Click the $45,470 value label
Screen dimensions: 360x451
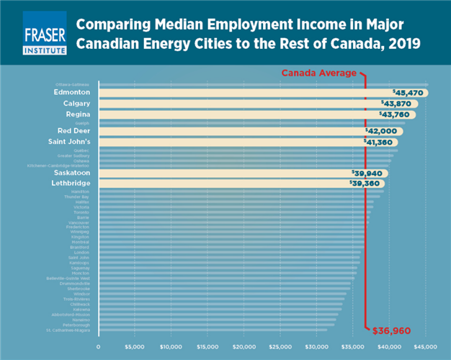click(x=408, y=93)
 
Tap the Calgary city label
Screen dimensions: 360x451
click(x=76, y=104)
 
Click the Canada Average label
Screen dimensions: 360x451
click(x=318, y=73)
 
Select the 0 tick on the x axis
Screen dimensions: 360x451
click(x=99, y=346)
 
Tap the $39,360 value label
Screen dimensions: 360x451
click(x=365, y=184)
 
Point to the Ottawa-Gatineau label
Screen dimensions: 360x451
click(x=71, y=84)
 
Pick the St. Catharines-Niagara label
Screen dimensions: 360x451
click(x=68, y=330)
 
